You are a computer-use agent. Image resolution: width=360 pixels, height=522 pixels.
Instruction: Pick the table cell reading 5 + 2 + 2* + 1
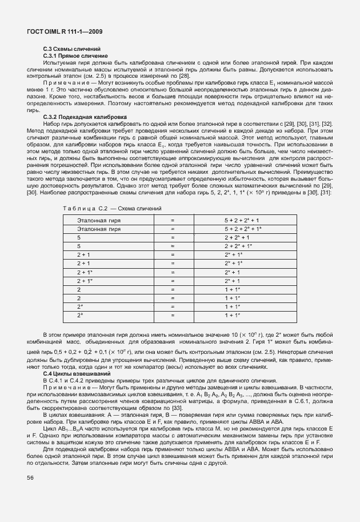pos(242,220)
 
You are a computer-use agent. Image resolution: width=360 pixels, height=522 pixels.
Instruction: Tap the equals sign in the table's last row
pos(173,315)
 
